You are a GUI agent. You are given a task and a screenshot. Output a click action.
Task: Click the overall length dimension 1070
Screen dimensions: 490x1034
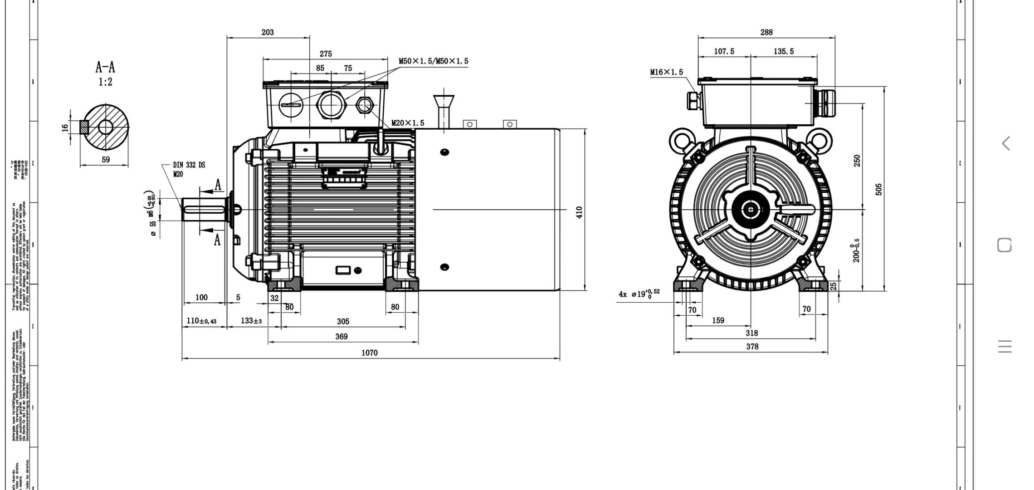click(x=369, y=353)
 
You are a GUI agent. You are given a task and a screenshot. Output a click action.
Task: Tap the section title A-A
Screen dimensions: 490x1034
click(x=105, y=68)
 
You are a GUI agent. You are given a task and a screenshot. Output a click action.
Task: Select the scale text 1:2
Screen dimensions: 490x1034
click(x=105, y=82)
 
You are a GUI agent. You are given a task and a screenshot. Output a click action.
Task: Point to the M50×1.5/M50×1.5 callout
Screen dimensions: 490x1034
click(x=433, y=61)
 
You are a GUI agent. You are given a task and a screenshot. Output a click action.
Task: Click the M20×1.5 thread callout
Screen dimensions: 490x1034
click(x=408, y=123)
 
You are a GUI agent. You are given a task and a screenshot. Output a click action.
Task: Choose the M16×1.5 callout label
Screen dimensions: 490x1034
click(x=666, y=72)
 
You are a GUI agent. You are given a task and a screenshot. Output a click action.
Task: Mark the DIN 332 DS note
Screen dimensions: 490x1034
click(x=189, y=165)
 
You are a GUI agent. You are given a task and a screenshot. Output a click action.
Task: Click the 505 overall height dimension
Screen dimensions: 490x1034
click(x=879, y=189)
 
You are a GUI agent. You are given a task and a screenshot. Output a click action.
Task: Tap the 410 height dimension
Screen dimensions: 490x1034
click(x=579, y=212)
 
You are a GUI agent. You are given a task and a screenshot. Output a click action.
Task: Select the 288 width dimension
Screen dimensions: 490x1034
click(x=766, y=32)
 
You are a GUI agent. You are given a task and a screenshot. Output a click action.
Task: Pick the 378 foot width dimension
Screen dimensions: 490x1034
click(x=752, y=347)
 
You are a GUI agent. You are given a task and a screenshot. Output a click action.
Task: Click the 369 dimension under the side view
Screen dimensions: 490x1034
click(x=341, y=337)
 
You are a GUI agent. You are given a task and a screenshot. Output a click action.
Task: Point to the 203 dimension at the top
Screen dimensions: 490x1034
click(x=268, y=32)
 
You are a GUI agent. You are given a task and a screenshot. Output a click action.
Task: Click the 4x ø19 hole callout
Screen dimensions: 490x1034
click(x=639, y=294)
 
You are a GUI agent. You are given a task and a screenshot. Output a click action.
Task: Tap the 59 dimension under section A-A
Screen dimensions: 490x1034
click(x=106, y=160)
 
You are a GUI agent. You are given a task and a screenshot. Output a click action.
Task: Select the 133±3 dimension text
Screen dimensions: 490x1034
click(x=251, y=321)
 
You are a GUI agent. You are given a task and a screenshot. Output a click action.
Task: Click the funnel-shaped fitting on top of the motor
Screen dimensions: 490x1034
click(x=444, y=102)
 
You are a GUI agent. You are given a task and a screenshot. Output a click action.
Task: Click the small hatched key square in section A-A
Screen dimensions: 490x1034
click(x=84, y=127)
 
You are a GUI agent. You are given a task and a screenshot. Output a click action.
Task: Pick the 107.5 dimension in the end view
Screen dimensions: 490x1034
click(x=724, y=52)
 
